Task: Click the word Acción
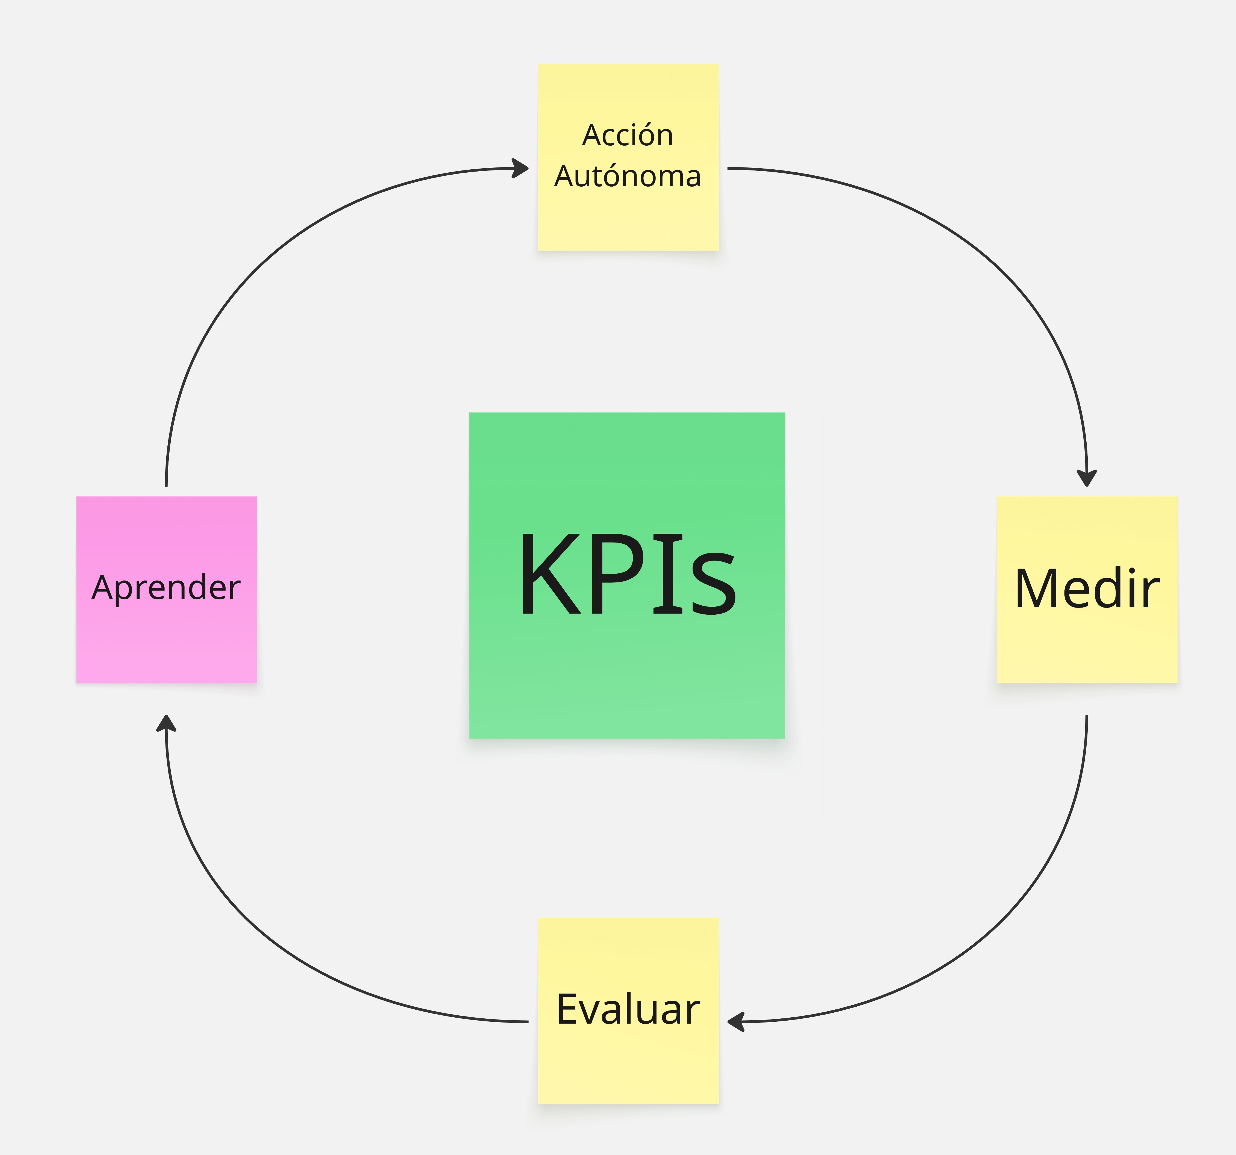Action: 627,135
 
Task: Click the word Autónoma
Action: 627,177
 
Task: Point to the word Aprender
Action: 166,588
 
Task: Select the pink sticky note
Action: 166,647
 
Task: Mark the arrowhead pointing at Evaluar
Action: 735,1022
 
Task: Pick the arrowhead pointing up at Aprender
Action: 166,723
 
